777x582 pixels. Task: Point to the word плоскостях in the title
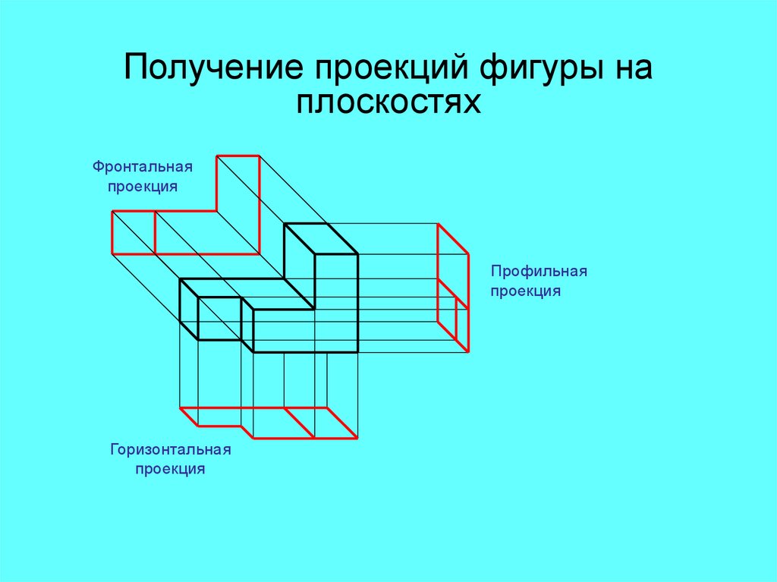coord(388,102)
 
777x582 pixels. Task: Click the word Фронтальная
coord(143,165)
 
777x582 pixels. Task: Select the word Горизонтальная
coord(170,449)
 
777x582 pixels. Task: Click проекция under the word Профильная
coord(525,291)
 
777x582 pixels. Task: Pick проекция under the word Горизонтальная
coord(170,469)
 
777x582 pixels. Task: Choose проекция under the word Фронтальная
coord(142,186)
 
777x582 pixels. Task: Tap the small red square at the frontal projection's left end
coord(134,232)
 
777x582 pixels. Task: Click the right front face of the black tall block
coord(335,304)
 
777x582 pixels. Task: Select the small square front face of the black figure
coord(219,318)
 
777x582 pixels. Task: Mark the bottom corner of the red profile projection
coord(467,351)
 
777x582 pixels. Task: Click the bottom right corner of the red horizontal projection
coord(357,439)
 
